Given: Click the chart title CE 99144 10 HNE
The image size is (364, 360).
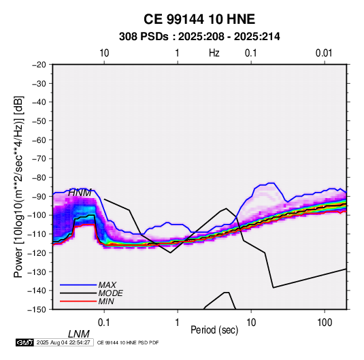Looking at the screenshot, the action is (x=199, y=19).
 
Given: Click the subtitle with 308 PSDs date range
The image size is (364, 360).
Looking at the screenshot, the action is (x=199, y=37).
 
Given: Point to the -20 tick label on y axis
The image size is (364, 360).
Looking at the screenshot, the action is (x=39, y=65).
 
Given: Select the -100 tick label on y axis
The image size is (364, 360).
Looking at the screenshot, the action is (x=37, y=215).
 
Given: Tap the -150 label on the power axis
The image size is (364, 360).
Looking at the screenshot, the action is (x=37, y=310).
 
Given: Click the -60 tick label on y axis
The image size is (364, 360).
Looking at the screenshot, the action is (x=39, y=140).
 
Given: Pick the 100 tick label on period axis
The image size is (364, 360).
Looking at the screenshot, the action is (x=325, y=323).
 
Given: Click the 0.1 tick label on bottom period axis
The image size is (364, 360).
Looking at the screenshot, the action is (x=104, y=323).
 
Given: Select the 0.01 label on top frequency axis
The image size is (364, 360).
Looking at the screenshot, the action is (x=324, y=53).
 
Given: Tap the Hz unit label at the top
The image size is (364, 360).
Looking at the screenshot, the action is (x=214, y=53).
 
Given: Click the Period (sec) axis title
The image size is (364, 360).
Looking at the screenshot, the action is (x=214, y=330).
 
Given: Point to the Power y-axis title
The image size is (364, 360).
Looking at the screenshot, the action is (x=18, y=186).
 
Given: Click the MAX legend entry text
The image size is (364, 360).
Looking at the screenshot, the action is (x=107, y=285).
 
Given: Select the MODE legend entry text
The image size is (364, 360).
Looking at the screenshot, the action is (x=110, y=293).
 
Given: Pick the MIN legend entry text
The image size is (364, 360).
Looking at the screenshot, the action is (x=106, y=301).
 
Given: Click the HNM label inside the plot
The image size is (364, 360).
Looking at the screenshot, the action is (x=80, y=193).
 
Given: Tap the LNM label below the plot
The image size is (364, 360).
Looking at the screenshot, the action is (x=78, y=334).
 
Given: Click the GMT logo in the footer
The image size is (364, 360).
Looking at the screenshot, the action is (x=25, y=342).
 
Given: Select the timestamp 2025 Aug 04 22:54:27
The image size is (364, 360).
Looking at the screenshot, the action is (x=63, y=342).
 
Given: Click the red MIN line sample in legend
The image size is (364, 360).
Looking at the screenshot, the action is (x=78, y=301).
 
